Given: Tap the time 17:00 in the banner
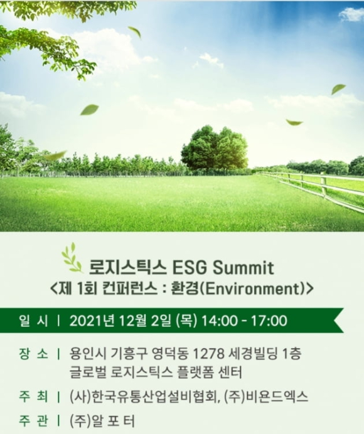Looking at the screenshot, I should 266,321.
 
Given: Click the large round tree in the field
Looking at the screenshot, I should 214,149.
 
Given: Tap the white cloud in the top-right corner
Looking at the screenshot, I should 352,14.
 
